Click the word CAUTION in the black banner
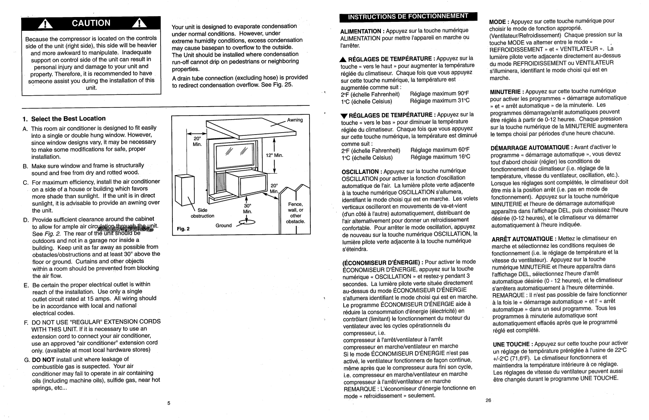tap(91, 23)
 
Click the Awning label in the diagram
tap(295, 120)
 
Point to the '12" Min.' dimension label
tap(274, 156)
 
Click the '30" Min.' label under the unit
tap(247, 208)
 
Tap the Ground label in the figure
tap(223, 225)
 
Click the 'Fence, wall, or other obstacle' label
tap(295, 213)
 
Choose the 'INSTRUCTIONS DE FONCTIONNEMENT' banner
tap(408, 16)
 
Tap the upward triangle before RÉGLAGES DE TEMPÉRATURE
tap(343, 59)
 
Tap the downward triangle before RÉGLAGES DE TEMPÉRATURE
tap(344, 116)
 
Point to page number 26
tap(488, 400)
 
